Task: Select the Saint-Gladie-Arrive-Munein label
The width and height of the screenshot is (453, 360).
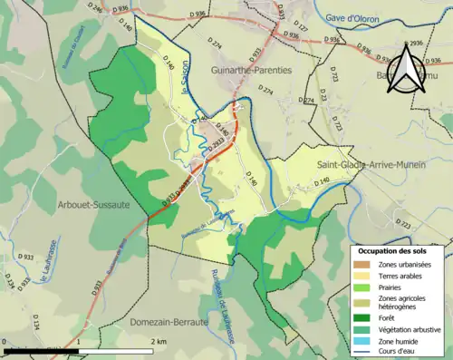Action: click(x=373, y=165)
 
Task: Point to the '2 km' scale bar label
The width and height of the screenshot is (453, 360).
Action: click(x=159, y=340)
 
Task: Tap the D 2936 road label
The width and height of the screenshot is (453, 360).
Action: click(x=416, y=44)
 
